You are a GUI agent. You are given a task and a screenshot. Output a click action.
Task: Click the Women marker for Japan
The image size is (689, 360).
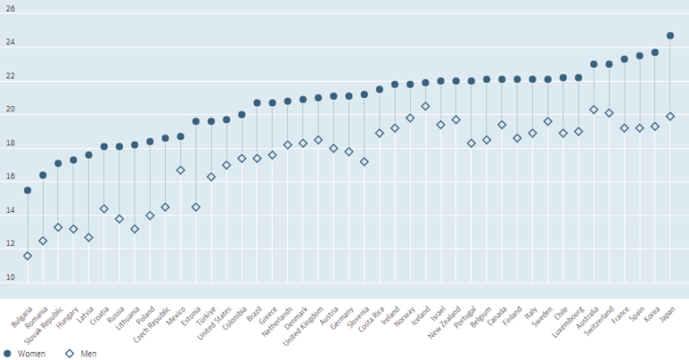pos(670,36)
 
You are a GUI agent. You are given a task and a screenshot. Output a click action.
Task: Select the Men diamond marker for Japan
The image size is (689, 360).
pos(670,117)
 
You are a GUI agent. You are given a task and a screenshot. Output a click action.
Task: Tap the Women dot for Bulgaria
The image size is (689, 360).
pos(28,190)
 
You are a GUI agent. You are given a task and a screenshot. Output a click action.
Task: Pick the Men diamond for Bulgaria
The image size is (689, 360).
pos(28,256)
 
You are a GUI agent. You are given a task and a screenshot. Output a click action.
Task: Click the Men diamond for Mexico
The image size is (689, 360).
pos(180,171)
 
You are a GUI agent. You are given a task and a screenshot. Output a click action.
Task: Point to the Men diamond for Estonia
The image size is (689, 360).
pos(196,207)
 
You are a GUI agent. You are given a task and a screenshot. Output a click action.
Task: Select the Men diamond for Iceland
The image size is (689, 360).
pos(425,106)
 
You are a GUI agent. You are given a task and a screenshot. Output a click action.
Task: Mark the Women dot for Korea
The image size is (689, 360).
pos(655,52)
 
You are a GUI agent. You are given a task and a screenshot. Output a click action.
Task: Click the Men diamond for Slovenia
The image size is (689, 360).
pos(364,162)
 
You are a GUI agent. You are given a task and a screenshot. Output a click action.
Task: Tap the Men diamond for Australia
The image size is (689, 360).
pos(594,110)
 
